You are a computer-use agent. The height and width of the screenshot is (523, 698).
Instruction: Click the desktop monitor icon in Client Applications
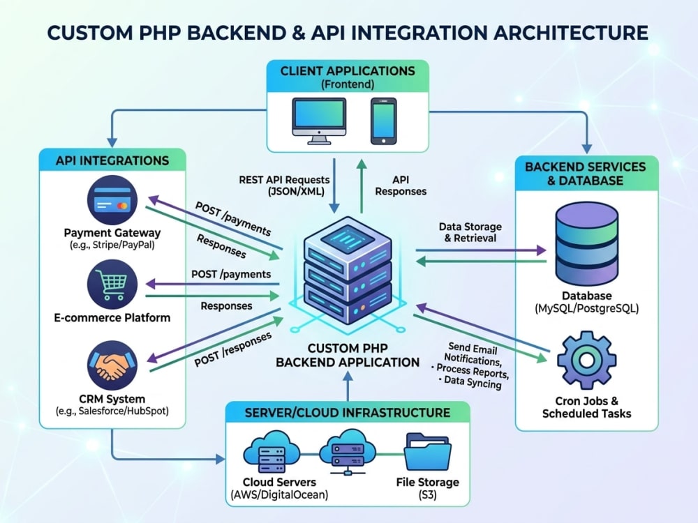(x=319, y=121)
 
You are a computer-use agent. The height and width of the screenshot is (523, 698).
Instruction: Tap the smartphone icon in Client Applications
(x=383, y=121)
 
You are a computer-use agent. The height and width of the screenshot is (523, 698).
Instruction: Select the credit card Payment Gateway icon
(x=112, y=200)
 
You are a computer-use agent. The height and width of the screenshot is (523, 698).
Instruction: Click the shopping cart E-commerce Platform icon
(x=112, y=285)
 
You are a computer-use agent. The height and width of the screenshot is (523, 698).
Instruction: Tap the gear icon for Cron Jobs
(x=587, y=361)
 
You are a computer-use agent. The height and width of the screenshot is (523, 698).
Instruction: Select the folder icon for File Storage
(x=427, y=452)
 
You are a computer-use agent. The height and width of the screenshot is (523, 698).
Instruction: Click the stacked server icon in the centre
(x=348, y=271)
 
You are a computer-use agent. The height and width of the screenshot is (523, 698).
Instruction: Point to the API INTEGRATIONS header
(x=112, y=160)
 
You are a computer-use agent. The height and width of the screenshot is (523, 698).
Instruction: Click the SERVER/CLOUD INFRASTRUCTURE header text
(x=347, y=413)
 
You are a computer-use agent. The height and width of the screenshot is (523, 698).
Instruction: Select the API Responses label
(x=401, y=185)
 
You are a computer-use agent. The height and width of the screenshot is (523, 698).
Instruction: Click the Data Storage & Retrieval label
(x=470, y=232)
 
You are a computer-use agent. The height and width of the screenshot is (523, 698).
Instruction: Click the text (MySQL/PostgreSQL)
(x=587, y=308)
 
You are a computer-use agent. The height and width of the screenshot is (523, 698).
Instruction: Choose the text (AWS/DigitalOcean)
(x=279, y=494)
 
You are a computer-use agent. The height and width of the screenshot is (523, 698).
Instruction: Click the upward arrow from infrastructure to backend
(x=348, y=387)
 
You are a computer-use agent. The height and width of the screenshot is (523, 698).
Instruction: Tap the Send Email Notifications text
(x=473, y=354)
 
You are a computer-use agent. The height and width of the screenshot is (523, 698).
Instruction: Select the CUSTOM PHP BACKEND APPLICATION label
(x=348, y=355)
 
